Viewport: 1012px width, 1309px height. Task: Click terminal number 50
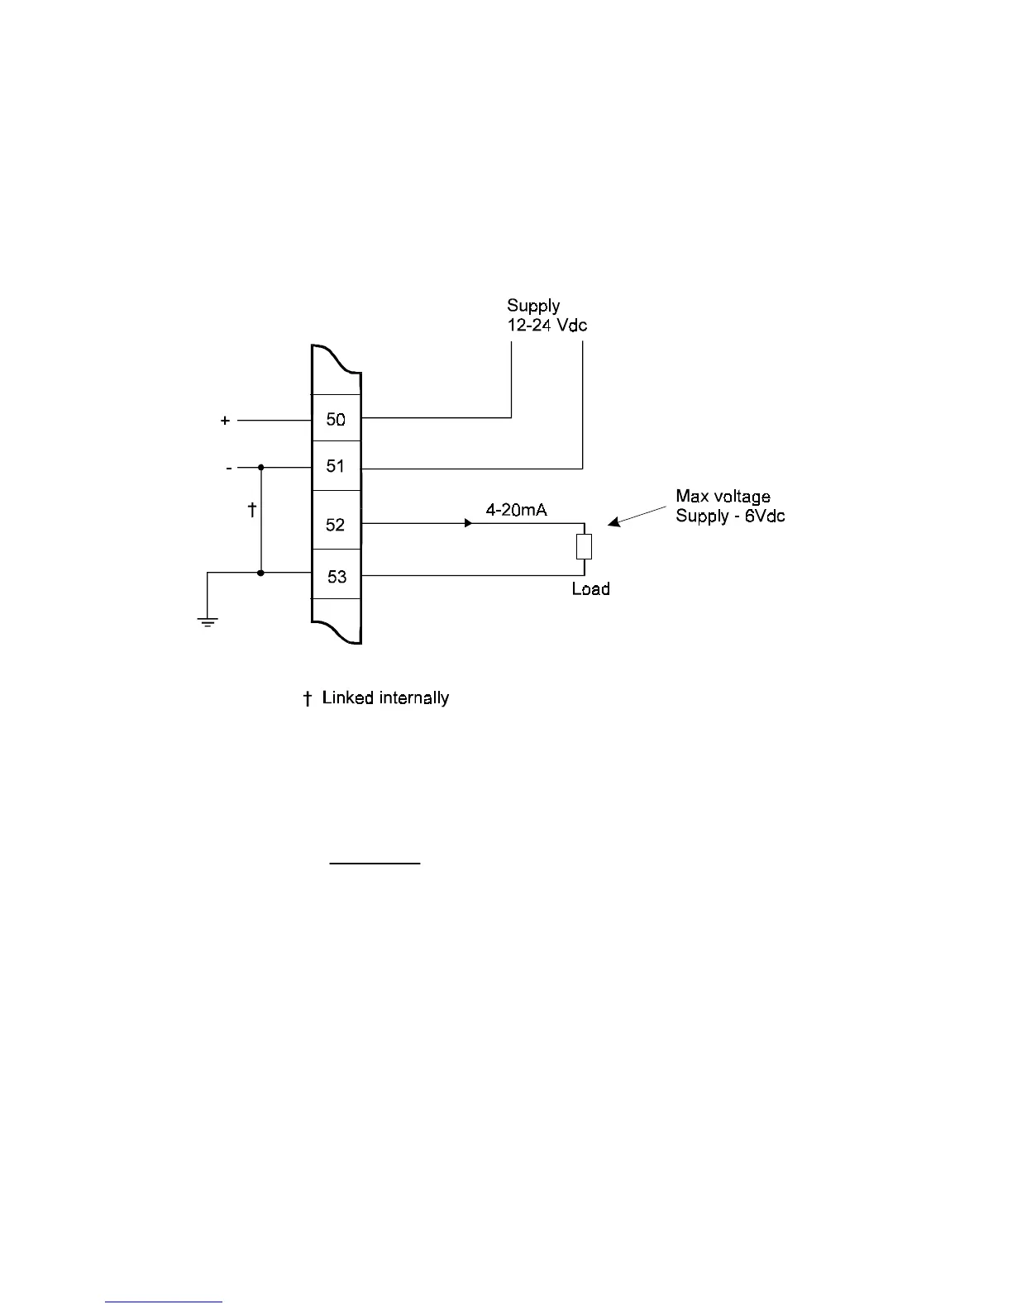click(x=336, y=420)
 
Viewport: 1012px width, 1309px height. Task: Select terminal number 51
click(x=335, y=467)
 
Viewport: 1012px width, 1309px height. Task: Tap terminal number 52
click(x=335, y=525)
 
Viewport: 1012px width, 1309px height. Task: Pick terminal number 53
click(x=337, y=577)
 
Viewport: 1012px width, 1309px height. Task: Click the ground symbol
click(x=207, y=621)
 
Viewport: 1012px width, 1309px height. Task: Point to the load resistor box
click(x=584, y=546)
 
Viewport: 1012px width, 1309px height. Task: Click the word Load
click(x=590, y=589)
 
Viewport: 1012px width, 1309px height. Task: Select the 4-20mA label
click(x=516, y=511)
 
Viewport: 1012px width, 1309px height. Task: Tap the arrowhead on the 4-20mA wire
click(x=468, y=523)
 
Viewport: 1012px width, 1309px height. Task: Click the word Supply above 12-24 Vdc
click(x=533, y=306)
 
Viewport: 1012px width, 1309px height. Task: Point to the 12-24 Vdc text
click(x=547, y=325)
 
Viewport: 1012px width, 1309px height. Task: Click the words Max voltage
click(x=723, y=497)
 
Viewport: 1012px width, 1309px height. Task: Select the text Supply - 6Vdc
click(x=730, y=516)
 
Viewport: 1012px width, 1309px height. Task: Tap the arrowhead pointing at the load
click(x=613, y=521)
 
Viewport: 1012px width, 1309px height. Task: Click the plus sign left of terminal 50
click(x=225, y=421)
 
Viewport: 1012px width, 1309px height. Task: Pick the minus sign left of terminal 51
click(x=229, y=468)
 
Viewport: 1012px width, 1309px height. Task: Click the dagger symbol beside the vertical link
click(x=252, y=510)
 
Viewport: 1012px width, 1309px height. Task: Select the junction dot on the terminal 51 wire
click(x=260, y=467)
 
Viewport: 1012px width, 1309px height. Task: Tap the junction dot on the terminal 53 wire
click(x=260, y=573)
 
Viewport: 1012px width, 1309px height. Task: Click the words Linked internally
click(x=385, y=698)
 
